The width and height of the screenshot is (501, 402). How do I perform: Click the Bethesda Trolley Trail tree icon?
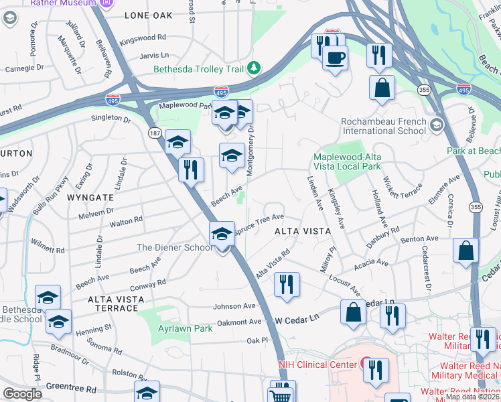pyautogui.click(x=254, y=68)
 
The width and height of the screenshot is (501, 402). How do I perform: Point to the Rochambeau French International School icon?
pyautogui.click(x=437, y=125)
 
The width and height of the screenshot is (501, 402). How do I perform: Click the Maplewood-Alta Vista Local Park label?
pyautogui.click(x=347, y=161)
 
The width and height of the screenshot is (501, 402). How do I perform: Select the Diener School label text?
pyautogui.click(x=175, y=247)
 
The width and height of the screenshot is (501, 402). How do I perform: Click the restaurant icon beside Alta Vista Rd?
pyautogui.click(x=287, y=283)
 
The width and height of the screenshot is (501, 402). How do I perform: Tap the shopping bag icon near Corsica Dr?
pyautogui.click(x=466, y=250)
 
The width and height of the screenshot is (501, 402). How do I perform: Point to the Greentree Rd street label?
pyautogui.click(x=72, y=387)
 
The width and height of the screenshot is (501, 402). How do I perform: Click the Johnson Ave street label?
pyautogui.click(x=234, y=306)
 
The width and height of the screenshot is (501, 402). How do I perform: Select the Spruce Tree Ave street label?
pyautogui.click(x=259, y=218)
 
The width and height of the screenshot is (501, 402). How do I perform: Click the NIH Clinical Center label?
pyautogui.click(x=318, y=365)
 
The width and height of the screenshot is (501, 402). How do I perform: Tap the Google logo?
pyautogui.click(x=23, y=393)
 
